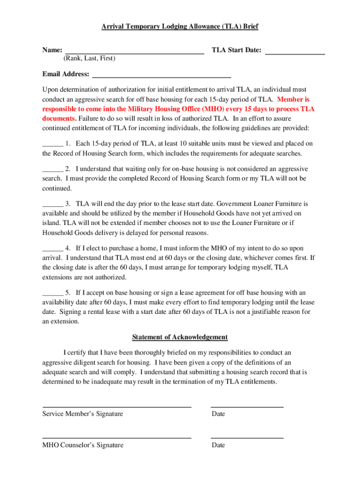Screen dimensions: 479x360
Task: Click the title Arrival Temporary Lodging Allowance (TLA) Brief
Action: (180, 27)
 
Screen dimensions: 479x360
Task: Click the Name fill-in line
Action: (134, 53)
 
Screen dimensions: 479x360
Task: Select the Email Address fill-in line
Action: (161, 76)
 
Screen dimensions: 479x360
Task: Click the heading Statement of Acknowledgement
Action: (180, 337)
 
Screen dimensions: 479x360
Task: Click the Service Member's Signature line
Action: (117, 406)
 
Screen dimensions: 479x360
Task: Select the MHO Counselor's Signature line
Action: (117, 437)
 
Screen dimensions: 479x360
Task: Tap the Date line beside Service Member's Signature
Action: (247, 406)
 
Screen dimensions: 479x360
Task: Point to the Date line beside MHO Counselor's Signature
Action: (247, 437)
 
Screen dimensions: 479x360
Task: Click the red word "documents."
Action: (59, 118)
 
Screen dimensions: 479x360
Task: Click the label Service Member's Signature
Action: (83, 414)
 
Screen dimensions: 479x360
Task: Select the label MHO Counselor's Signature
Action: (83, 445)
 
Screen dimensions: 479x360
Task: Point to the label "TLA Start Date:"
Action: (236, 50)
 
